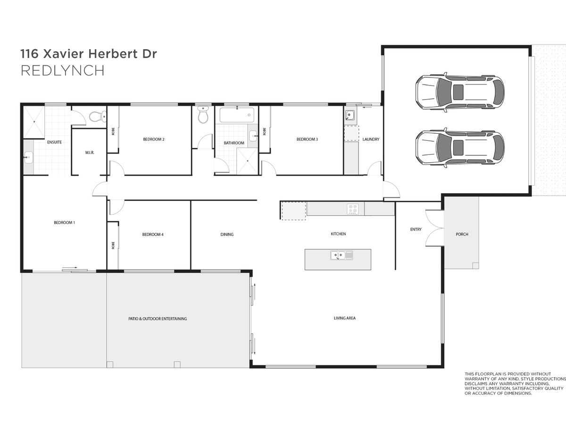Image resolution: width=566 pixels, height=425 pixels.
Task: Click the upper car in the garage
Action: point(460,92)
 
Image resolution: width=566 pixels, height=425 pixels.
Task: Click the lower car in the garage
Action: point(460,148)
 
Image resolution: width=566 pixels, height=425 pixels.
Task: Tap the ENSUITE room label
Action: point(54,142)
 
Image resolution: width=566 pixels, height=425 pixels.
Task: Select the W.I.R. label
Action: point(90,153)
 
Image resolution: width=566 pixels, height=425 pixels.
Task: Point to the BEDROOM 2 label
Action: point(154,139)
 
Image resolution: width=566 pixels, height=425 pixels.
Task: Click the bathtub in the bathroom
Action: point(237,115)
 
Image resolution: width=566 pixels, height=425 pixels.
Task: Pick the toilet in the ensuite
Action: point(98,117)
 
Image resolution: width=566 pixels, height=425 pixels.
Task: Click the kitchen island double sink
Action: point(341,255)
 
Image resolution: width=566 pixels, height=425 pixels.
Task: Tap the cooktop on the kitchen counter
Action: point(353,209)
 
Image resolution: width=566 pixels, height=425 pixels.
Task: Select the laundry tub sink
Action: point(350,115)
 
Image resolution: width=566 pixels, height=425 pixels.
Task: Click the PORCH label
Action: point(462,234)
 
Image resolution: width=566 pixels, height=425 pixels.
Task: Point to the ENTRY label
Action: point(416,229)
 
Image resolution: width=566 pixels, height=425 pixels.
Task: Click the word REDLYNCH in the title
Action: point(62,71)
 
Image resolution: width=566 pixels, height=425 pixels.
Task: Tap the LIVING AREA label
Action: point(344,318)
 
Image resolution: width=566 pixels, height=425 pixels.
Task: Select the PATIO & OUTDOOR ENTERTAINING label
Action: point(158,319)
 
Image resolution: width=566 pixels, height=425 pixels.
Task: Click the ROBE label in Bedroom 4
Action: point(113,245)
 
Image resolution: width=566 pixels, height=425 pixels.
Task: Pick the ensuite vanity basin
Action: point(28,157)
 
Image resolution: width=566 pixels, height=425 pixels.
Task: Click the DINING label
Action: point(227,234)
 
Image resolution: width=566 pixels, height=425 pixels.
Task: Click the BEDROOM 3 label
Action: point(307,139)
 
